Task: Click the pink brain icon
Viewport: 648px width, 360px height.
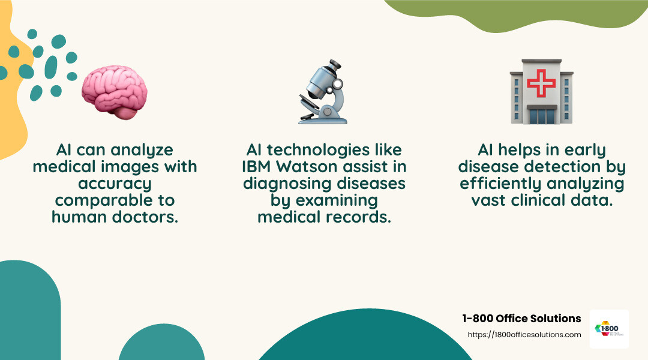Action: [115, 93]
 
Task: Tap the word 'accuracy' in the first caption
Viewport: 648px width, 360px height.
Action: [115, 183]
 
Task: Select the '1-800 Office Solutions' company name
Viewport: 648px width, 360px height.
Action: [521, 319]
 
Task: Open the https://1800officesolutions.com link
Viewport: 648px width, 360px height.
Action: [524, 335]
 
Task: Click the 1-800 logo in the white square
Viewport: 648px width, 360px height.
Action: [608, 329]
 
